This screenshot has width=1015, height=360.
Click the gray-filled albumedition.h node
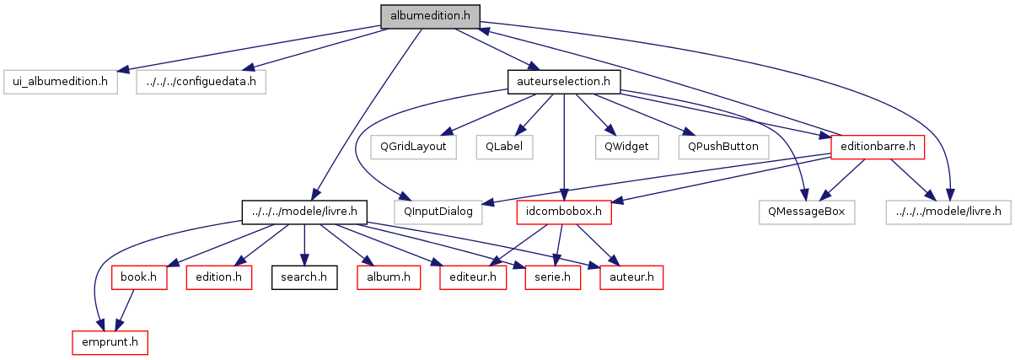point(430,15)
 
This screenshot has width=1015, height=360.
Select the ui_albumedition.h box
point(59,82)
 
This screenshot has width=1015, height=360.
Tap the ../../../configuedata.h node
point(201,82)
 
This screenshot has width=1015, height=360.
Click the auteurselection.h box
point(564,82)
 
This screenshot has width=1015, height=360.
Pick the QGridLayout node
point(407,146)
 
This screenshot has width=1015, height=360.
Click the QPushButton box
point(722,146)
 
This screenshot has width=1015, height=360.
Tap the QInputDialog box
point(438,211)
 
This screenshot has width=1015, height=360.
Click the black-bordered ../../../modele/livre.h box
point(304,211)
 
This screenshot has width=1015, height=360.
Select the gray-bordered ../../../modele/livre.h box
point(948,211)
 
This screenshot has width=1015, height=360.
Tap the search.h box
point(304,277)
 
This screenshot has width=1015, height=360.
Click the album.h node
point(389,277)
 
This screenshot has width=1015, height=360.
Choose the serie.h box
point(552,277)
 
